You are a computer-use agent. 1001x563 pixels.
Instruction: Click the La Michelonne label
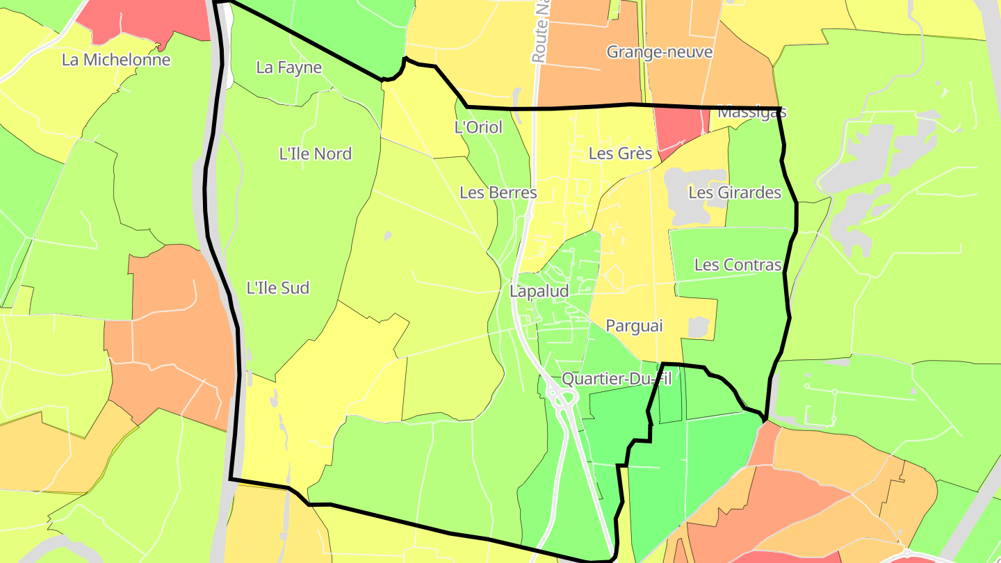coord(116,60)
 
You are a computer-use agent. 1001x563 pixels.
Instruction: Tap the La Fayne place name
coord(289,67)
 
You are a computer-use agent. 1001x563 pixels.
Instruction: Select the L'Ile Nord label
coord(316,154)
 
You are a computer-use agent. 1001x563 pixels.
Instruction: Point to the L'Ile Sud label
coord(278,288)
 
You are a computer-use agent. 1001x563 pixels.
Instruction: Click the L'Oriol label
coord(478,127)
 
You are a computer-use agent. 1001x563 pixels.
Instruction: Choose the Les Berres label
coord(498,193)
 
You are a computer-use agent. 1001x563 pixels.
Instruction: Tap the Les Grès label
coord(621,153)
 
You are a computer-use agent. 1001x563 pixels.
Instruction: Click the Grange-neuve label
coord(660,52)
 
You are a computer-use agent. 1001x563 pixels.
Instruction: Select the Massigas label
coord(752,112)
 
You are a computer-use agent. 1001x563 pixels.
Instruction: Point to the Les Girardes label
coord(735,193)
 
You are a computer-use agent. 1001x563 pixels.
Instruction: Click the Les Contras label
coord(738,265)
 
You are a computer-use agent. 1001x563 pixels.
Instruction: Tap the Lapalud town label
coord(539,291)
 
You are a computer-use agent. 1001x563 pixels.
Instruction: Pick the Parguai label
coord(635,325)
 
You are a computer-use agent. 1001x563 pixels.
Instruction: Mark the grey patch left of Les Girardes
coord(685,195)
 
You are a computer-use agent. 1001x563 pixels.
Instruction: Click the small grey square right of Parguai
coord(698,327)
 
